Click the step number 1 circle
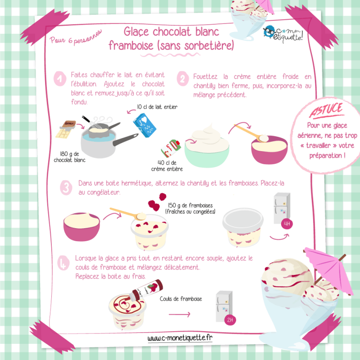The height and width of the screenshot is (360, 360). (60, 79)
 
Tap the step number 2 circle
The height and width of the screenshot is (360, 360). (183, 79)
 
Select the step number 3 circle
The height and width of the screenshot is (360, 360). (66, 188)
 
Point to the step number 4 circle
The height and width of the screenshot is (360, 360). (63, 263)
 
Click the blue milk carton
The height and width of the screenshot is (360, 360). (144, 125)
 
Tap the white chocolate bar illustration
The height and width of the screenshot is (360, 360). (66, 130)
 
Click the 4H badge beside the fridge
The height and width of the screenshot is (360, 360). (287, 223)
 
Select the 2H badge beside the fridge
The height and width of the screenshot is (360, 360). (230, 320)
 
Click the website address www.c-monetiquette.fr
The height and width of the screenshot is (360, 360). (180, 338)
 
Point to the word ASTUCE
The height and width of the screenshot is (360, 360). (326, 110)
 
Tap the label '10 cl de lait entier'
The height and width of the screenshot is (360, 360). (157, 107)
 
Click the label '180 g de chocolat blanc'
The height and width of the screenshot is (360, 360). (70, 157)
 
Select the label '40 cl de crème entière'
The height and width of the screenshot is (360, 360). (167, 166)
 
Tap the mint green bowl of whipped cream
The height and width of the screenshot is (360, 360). (207, 153)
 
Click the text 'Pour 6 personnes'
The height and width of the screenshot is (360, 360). (76, 38)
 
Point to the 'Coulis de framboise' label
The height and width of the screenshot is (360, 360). (181, 299)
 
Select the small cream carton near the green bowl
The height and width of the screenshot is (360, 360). (171, 148)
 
